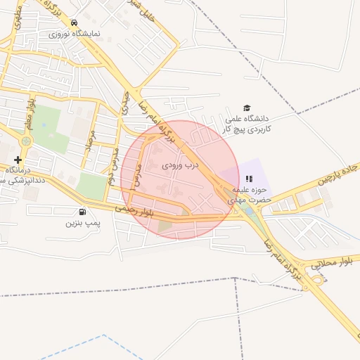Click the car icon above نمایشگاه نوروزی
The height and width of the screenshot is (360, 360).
tap(75, 22)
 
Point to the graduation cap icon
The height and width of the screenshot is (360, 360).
tap(246, 108)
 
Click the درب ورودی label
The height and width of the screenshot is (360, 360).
tap(181, 166)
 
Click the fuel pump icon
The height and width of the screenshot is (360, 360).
tap(84, 212)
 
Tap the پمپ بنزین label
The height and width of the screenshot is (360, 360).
tap(79, 224)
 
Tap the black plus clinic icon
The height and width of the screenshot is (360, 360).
tap(18, 160)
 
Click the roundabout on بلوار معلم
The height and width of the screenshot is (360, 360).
tap(26, 141)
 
